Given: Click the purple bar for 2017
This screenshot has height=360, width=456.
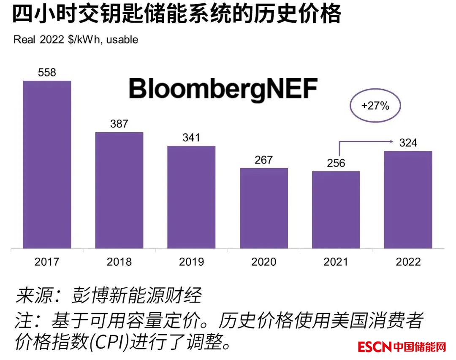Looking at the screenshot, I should coord(47,164).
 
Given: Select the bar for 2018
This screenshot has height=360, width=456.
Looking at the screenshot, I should coord(119,190).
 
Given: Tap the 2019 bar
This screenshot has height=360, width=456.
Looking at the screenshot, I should coord(191,197).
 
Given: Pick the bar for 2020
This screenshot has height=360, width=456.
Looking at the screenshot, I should coord(264,208).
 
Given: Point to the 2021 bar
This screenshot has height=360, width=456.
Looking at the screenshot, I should coord(336,210).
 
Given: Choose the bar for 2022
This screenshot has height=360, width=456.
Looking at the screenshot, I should coord(408,199).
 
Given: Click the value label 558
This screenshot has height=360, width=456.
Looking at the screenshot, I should coord(47,73).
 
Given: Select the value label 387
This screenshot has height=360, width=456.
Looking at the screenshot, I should coord(119,124).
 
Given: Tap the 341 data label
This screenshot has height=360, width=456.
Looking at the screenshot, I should coord(191,138).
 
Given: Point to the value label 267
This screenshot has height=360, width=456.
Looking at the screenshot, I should coord(264,160).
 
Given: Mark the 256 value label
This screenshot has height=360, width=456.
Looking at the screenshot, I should coord(336,163).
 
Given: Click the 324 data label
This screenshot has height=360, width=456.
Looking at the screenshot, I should coord(408,143).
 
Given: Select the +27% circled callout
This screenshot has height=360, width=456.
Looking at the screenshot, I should coord(375,106).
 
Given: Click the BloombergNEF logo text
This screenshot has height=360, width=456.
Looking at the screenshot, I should coord(223,90).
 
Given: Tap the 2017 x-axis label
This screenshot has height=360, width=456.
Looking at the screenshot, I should coord(47,262).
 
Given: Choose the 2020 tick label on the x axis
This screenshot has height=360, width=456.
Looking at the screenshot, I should coord(264,262).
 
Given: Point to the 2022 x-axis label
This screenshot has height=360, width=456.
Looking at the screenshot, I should coord(408,262).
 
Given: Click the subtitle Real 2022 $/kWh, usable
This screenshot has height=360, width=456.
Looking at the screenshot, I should coord(76,40).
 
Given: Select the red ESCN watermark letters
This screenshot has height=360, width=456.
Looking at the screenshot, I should coord(374,347).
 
